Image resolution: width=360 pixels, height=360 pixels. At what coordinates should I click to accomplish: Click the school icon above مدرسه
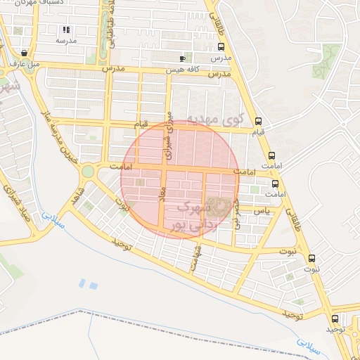[66, 30]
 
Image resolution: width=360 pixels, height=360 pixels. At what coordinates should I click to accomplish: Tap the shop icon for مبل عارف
[25, 53]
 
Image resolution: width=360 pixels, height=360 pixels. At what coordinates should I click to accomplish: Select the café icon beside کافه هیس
[183, 58]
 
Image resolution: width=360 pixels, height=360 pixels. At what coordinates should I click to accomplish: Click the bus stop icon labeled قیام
[259, 121]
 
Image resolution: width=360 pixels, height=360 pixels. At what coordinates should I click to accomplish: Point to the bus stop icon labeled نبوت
[312, 258]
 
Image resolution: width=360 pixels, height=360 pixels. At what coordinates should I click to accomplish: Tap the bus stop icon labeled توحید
[334, 318]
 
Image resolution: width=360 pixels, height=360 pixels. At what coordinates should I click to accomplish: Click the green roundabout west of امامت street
[88, 171]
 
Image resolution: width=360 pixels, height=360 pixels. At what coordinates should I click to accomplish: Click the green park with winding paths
[326, 60]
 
